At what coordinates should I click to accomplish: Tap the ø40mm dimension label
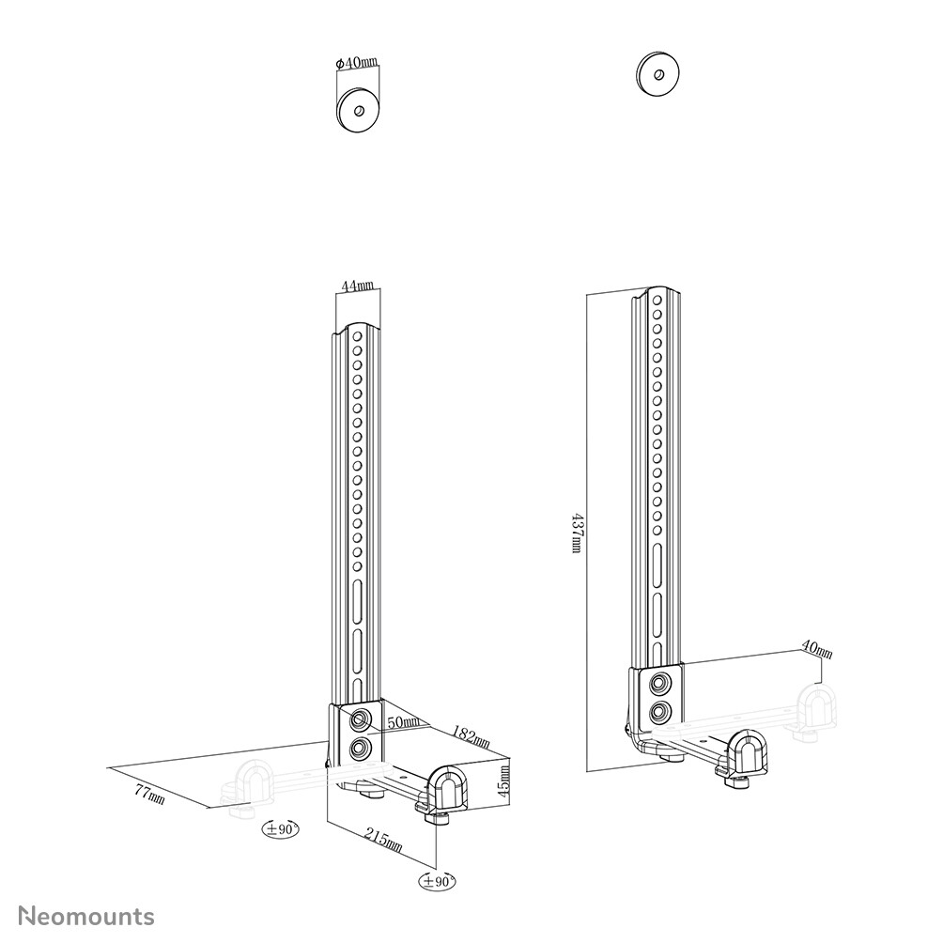pyautogui.click(x=357, y=63)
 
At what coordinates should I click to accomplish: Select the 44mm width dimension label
pyautogui.click(x=357, y=285)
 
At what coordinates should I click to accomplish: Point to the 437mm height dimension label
pyautogui.click(x=574, y=533)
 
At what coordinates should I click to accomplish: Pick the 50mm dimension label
pyautogui.click(x=407, y=721)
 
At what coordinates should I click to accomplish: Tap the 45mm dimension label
pyautogui.click(x=504, y=778)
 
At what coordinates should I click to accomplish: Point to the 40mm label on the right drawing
pyautogui.click(x=817, y=649)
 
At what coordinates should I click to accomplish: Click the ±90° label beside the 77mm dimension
pyautogui.click(x=280, y=828)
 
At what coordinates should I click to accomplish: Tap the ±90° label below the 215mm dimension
pyautogui.click(x=438, y=881)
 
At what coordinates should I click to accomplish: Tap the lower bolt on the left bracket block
pyautogui.click(x=361, y=749)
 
